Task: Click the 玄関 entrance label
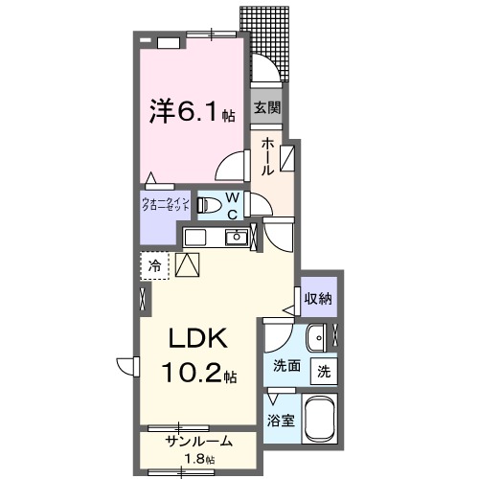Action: [x=266, y=108]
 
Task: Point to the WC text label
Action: [x=234, y=206]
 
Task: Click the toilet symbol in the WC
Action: [x=207, y=204]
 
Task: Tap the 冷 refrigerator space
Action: [x=154, y=263]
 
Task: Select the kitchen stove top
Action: [x=195, y=238]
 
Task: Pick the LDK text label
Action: [x=197, y=339]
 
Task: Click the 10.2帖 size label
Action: [x=202, y=374]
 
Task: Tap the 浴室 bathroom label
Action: [x=281, y=420]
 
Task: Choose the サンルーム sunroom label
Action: [x=198, y=443]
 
